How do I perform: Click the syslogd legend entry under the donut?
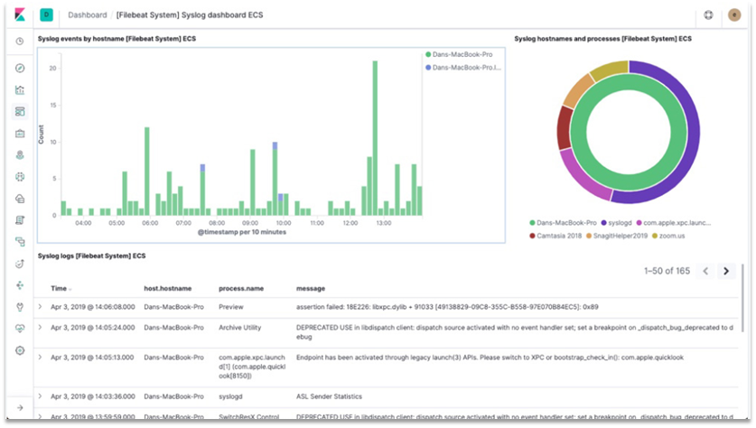pos(621,222)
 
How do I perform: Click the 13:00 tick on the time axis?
pos(383,222)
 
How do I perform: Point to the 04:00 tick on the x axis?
pos(83,222)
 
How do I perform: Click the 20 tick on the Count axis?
pos(53,69)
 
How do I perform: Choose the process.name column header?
pos(241,288)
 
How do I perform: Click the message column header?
pos(311,288)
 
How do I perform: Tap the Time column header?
pos(59,288)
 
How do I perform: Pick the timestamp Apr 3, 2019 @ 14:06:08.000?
pos(92,306)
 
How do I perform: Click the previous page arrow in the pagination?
pos(705,271)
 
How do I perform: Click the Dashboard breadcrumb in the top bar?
pos(86,14)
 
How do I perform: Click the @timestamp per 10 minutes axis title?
pos(242,233)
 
